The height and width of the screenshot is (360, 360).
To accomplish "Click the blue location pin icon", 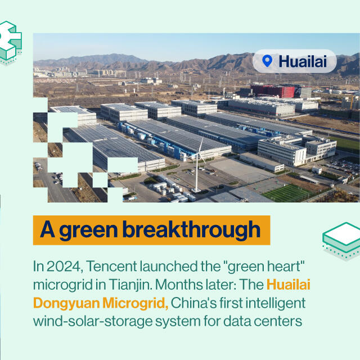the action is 267,61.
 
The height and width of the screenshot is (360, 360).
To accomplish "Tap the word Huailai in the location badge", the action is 303,61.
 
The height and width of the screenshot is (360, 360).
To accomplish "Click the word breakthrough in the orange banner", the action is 191,229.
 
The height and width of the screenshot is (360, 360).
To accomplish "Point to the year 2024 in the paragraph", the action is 65,267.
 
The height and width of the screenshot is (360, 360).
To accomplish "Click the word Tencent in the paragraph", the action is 111,266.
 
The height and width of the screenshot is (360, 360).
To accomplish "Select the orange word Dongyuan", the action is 66,304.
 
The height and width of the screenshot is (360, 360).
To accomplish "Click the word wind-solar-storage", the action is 93,321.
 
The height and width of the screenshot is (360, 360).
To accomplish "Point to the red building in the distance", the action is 273,91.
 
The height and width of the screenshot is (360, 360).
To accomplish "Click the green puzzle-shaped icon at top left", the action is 10,41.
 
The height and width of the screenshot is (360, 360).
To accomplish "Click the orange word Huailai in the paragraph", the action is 289,285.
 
